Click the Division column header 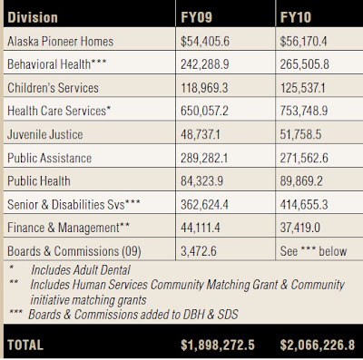point(33,17)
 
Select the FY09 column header point(197,17)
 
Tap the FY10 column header point(296,17)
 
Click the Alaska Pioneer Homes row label point(61,42)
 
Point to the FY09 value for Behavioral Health point(205,64)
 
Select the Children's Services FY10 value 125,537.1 point(302,88)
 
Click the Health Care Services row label point(59,111)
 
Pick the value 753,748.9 point(304,111)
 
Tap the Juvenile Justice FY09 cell point(201,134)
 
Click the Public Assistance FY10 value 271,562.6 point(304,158)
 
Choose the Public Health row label point(39,181)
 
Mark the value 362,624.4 point(204,205)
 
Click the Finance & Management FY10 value point(300,228)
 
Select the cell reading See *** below point(313,251)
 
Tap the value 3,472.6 point(199,251)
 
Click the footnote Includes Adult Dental point(81,270)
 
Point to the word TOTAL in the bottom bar point(25,345)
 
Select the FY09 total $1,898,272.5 point(218,345)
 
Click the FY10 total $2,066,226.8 point(318,345)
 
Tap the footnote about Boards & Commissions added point(133,315)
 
